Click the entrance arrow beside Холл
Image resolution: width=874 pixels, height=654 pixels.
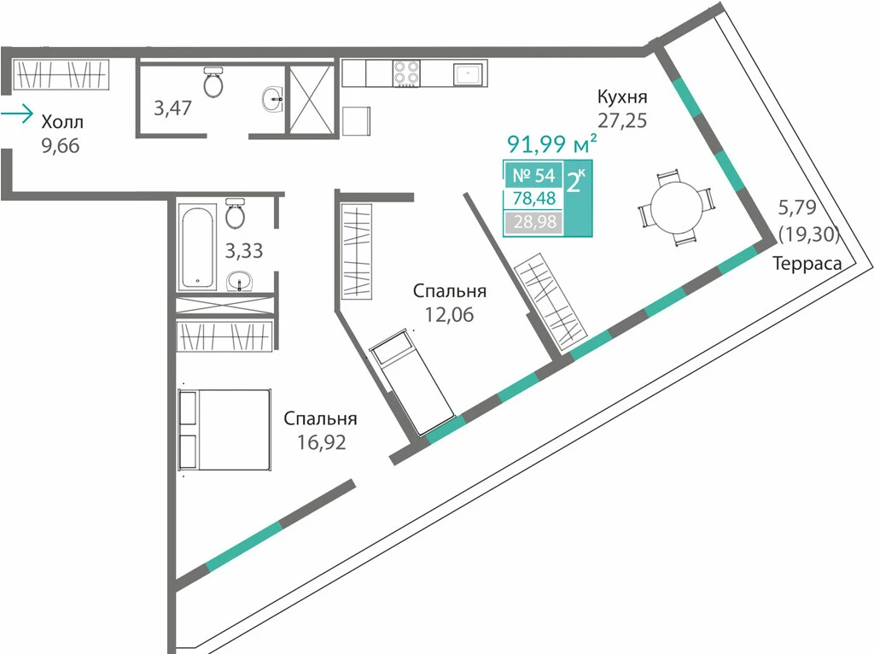coord(17,114)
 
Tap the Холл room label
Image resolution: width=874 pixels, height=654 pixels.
coord(62,121)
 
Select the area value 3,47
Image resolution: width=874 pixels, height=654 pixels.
coord(172,108)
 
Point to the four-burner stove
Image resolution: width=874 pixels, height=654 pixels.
coord(406,73)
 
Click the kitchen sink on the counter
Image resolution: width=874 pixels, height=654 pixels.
coord(468,73)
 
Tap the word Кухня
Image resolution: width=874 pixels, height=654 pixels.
coord(622,96)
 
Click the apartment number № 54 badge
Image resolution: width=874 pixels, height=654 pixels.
coord(533,175)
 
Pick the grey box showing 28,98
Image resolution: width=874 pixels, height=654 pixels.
coord(534,222)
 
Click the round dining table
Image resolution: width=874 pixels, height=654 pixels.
coord(676,207)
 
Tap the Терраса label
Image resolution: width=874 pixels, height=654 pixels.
coord(807,263)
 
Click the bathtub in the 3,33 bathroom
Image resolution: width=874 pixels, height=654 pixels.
coord(197,247)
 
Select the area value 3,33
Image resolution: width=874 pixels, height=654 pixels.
coord(243,251)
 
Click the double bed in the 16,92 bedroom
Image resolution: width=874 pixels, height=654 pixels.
coord(224,429)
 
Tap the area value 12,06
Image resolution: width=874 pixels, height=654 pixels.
coord(449,314)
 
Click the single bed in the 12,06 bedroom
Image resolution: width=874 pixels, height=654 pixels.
coord(412,382)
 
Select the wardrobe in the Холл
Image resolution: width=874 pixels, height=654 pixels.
coord(61,74)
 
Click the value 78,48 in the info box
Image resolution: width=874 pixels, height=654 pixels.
coord(534,198)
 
